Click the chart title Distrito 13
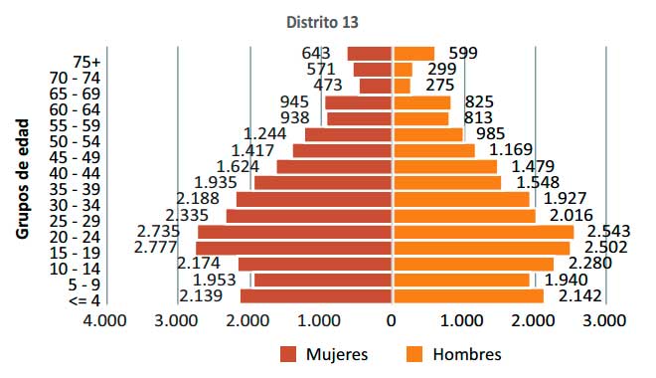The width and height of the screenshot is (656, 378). pyautogui.click(x=322, y=22)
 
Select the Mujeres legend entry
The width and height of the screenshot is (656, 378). pyautogui.click(x=324, y=354)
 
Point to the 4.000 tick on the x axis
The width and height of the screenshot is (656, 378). pyautogui.click(x=104, y=320)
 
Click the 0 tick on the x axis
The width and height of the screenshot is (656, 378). pyautogui.click(x=392, y=320)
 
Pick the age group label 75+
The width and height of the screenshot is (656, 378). pyautogui.click(x=86, y=63)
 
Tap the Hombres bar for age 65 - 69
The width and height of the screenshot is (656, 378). pyautogui.click(x=402, y=87)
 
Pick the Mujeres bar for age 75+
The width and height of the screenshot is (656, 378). pyautogui.click(x=369, y=54)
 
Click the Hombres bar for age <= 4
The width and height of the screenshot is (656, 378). pyautogui.click(x=467, y=296)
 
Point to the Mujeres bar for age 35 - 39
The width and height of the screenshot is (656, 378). pyautogui.click(x=323, y=183)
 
